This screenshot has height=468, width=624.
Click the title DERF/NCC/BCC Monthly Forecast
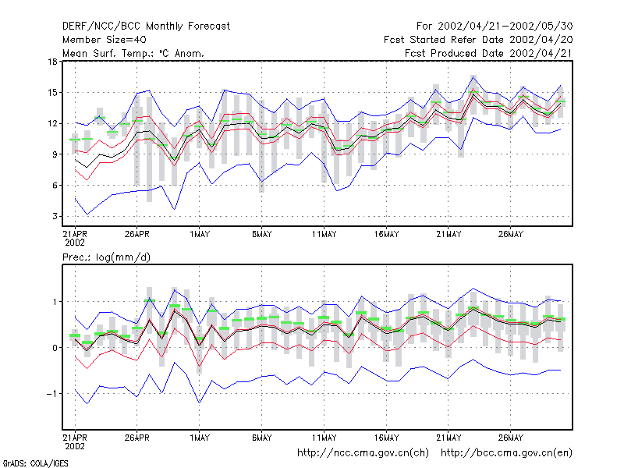[146, 27]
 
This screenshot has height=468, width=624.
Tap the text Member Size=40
[105, 40]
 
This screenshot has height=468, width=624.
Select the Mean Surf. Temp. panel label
[133, 53]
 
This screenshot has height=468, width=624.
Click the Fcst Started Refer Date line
[478, 40]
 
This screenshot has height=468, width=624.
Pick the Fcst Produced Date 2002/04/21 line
[488, 53]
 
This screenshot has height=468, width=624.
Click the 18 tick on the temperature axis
[52, 62]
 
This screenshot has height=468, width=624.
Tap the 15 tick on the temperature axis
[52, 93]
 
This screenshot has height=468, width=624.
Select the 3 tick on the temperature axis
[55, 217]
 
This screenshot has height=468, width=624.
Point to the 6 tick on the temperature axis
[55, 186]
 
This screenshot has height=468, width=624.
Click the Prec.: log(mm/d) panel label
[106, 257]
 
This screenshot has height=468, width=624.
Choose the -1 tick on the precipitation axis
[51, 394]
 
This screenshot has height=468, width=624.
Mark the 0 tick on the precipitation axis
[55, 348]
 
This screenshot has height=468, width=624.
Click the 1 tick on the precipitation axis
[55, 302]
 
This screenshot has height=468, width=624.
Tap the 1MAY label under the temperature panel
[200, 235]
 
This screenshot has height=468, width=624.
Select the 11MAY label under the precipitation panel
[324, 438]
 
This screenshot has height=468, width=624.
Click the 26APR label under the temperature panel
[137, 235]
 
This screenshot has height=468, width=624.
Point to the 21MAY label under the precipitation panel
[448, 438]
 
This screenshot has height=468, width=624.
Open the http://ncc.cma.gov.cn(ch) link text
[363, 453]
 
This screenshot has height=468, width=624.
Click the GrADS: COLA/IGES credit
[35, 463]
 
